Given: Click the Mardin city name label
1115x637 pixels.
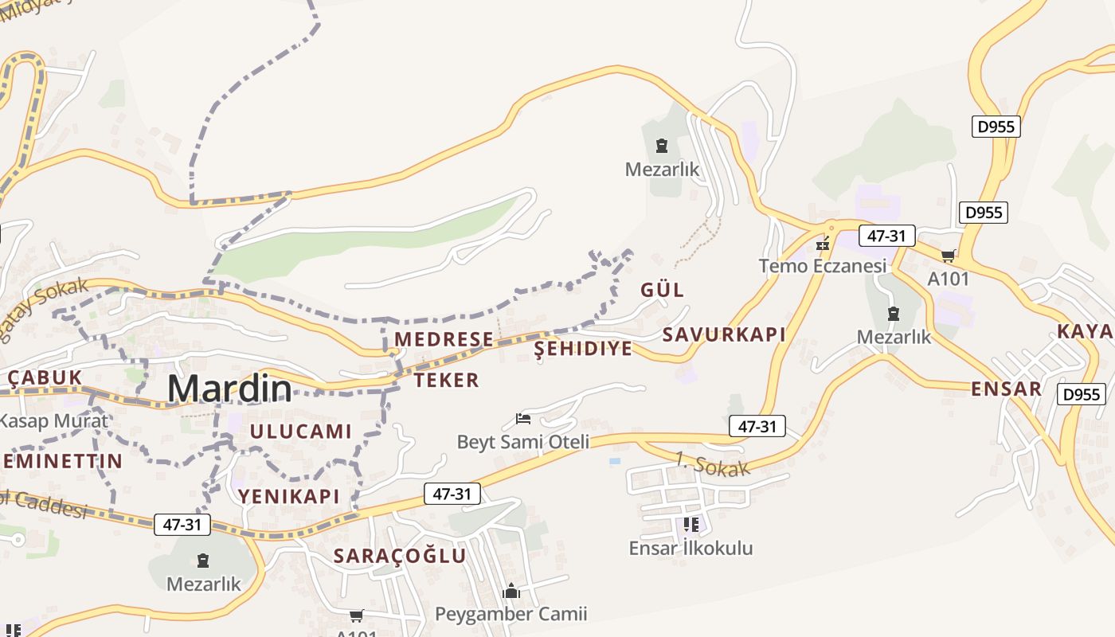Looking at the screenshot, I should point(229,388).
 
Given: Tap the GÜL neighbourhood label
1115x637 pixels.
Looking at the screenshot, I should point(663,290).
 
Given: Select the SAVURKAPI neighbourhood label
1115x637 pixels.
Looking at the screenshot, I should point(724,334).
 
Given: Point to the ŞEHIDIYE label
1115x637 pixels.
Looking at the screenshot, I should point(583,349).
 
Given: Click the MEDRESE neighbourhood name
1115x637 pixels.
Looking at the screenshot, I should point(444,339).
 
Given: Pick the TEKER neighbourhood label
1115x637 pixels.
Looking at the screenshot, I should point(447,381).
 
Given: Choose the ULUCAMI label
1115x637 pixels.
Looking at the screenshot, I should point(301,432).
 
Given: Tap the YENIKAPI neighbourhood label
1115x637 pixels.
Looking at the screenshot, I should point(289,496).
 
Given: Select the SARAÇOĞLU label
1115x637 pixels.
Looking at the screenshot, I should point(400,556).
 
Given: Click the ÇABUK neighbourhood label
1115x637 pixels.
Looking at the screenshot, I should point(44,377).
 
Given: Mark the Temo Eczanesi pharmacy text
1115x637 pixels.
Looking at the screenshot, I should point(822,266).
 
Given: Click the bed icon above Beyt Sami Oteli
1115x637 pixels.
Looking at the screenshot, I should point(523,418).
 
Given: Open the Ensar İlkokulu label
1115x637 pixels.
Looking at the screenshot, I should point(691,548).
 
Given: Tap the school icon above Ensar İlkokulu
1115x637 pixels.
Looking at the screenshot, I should point(691,524).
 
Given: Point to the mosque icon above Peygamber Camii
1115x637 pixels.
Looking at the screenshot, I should point(511,591).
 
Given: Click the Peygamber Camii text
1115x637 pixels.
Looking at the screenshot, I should point(511,614).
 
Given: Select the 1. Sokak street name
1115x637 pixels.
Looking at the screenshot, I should point(712,464).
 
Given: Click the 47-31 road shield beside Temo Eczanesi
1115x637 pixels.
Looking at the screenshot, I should point(886,236).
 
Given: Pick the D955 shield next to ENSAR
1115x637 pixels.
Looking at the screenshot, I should point(1082,394).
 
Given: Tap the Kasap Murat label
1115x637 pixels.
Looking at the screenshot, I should point(53,420).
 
